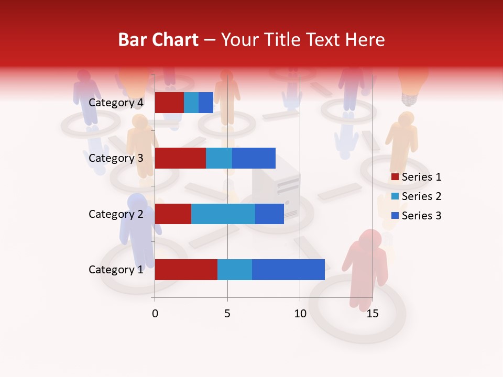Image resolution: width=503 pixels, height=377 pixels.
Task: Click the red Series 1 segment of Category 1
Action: pyautogui.click(x=186, y=270)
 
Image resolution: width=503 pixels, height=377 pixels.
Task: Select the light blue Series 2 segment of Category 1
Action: pyautogui.click(x=235, y=270)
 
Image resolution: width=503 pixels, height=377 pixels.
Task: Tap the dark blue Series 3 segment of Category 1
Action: pyautogui.click(x=288, y=270)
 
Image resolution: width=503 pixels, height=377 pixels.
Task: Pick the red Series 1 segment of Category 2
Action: pyautogui.click(x=173, y=214)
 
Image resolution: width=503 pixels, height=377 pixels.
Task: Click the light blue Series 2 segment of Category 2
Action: pyautogui.click(x=223, y=214)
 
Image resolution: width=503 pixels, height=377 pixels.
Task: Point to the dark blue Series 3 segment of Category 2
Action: pyautogui.click(x=269, y=214)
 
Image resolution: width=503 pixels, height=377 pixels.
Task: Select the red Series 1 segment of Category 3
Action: pyautogui.click(x=180, y=158)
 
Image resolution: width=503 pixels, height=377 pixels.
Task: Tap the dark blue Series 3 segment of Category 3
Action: pyautogui.click(x=254, y=158)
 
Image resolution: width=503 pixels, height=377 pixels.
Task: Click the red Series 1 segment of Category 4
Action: pyautogui.click(x=169, y=103)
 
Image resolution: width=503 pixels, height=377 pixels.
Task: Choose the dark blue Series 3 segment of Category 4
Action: pyautogui.click(x=206, y=103)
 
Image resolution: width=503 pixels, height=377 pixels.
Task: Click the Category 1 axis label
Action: pyautogui.click(x=116, y=270)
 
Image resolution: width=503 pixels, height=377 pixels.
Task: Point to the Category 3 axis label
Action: pyautogui.click(x=116, y=158)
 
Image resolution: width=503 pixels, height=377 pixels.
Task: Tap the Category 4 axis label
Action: pyautogui.click(x=116, y=103)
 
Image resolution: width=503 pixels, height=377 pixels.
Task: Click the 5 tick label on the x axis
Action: pyautogui.click(x=227, y=314)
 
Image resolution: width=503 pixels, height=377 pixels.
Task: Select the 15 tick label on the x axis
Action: pyautogui.click(x=373, y=314)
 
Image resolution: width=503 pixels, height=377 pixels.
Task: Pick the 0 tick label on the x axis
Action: pyautogui.click(x=155, y=314)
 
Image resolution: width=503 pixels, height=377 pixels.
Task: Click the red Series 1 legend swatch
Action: pyautogui.click(x=395, y=177)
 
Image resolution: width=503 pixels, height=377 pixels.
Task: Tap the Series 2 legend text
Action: pyautogui.click(x=421, y=196)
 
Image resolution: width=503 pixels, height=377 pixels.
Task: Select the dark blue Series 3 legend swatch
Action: pyautogui.click(x=395, y=216)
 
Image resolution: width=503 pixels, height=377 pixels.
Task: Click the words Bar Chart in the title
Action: pyautogui.click(x=158, y=40)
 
